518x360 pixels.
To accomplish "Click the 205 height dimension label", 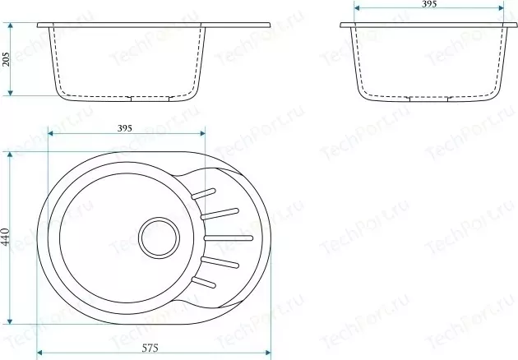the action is [7, 59].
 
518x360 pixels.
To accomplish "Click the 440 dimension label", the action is [6, 237].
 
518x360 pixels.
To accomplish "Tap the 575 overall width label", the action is [150, 348].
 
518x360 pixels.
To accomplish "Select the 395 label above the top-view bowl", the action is [125, 128].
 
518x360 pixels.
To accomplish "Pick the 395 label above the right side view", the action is [429, 3].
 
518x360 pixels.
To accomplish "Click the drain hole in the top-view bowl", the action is [160, 237].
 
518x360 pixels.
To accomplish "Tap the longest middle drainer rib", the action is [229, 238].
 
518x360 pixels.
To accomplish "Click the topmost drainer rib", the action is [203, 194].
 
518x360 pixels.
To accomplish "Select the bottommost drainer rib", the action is [204, 283].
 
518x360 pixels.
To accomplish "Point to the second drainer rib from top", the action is [220, 214].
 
